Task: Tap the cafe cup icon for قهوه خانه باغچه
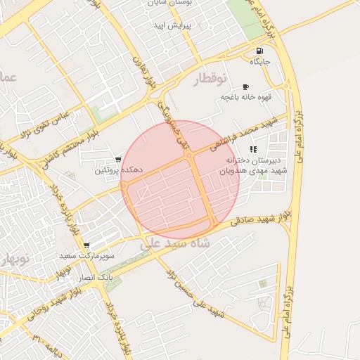pos(245,86)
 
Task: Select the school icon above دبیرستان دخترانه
pos(253,149)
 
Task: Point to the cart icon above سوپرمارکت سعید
pos(86,245)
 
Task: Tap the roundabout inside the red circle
pos(191,155)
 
